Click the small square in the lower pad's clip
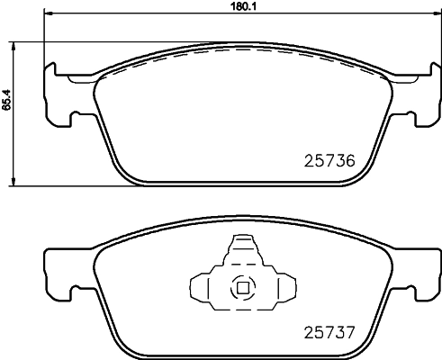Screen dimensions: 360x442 [x=241, y=289]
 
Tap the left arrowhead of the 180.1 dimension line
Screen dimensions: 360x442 [x=50, y=13]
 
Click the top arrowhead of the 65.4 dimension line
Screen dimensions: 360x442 [x=13, y=45]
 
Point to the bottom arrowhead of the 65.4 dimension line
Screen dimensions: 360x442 [x=13, y=183]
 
